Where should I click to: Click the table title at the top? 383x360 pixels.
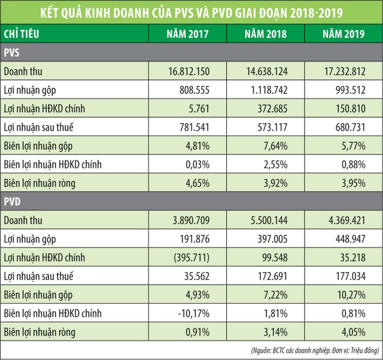191,13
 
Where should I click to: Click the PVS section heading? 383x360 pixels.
11,53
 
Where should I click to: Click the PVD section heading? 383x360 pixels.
12,202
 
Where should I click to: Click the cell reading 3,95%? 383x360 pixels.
344,183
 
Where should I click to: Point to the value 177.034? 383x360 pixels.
344,276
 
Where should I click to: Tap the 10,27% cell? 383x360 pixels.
344,295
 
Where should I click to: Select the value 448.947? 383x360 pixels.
344,239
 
